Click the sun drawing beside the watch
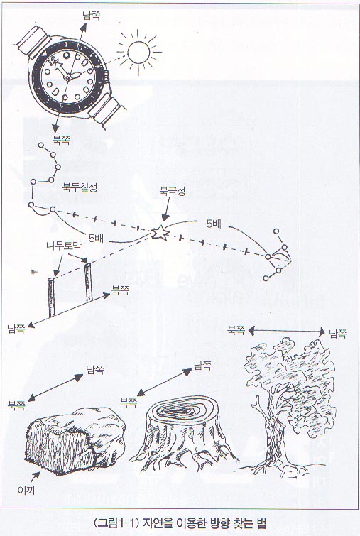tap(138, 53)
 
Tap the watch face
tap(68, 77)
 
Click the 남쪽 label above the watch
tap(92, 16)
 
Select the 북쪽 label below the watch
tap(62, 139)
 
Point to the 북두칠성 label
tap(80, 187)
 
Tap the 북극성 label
tap(173, 191)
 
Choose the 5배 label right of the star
tap(214, 224)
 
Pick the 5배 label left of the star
tap(96, 238)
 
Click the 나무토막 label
tap(64, 246)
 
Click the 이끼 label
tap(26, 490)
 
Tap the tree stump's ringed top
tap(185, 410)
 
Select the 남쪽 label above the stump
tap(203, 365)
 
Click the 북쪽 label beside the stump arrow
tap(129, 402)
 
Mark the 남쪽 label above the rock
tap(95, 370)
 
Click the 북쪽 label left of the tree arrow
tap(236, 330)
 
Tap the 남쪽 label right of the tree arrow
tap(338, 333)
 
